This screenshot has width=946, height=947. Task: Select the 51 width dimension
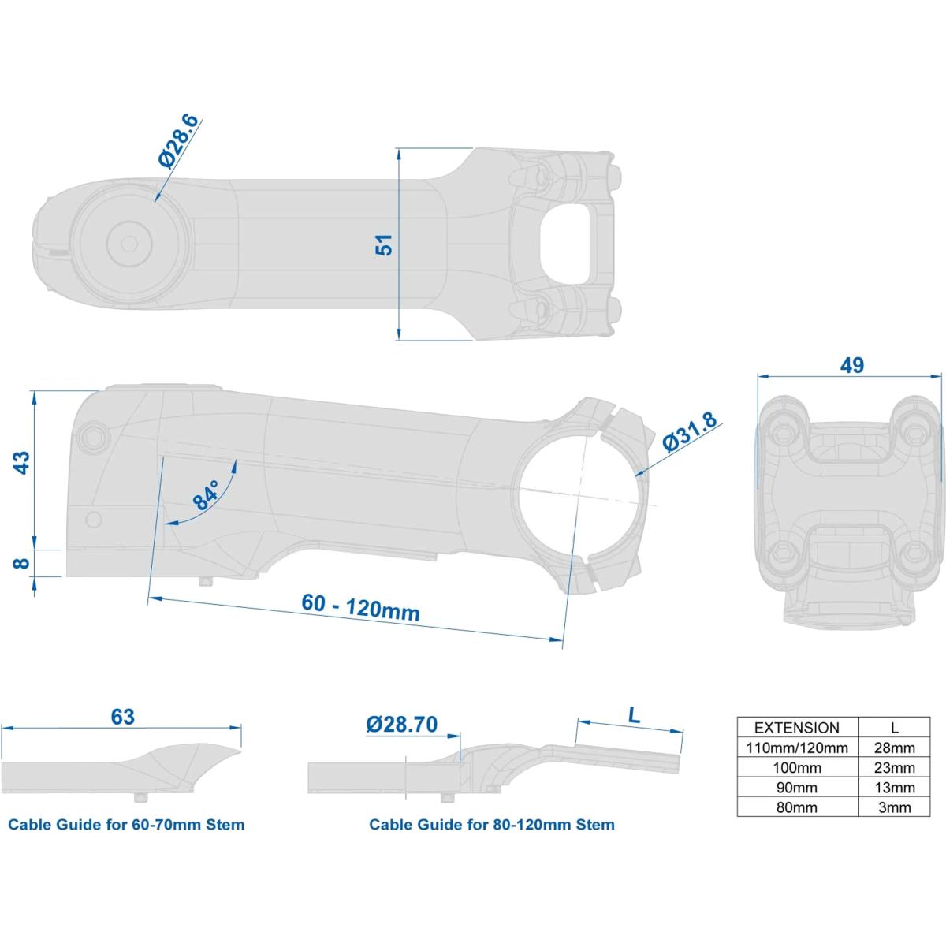coord(385,245)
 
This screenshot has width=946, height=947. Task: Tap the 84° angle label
coord(205,496)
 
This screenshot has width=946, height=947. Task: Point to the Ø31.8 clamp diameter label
coord(689,433)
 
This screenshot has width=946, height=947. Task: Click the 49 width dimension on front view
coord(851,365)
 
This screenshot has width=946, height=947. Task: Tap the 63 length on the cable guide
coord(123,717)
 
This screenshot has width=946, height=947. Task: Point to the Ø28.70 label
coord(402,724)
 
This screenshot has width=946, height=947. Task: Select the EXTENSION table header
coord(797,728)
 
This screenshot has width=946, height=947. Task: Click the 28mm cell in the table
coord(895,748)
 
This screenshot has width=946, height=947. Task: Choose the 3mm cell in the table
coord(895,807)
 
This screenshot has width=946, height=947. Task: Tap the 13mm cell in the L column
coord(895,788)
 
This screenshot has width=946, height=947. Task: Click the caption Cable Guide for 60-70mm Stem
coord(126,825)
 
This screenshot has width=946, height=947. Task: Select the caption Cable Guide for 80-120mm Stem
coord(492,825)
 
